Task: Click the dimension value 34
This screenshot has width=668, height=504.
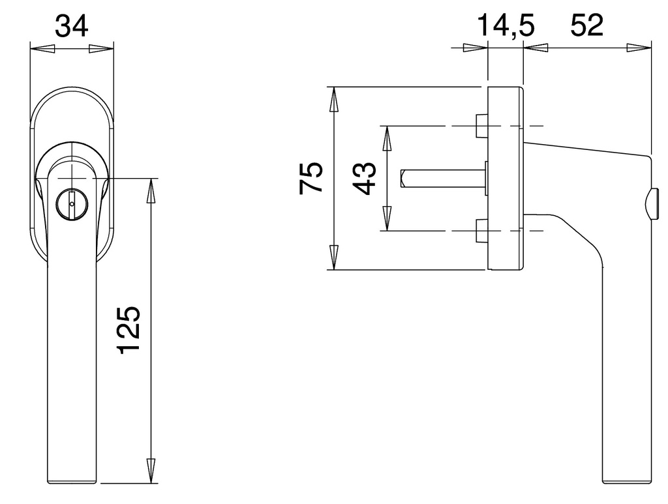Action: click(72, 27)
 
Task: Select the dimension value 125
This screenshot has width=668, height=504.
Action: click(129, 329)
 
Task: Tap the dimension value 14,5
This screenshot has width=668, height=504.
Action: click(506, 27)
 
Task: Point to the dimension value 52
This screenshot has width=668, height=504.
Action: click(586, 27)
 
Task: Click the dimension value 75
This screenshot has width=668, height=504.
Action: click(311, 177)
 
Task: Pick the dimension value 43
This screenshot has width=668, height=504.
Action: click(365, 178)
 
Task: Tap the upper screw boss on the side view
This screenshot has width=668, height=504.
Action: click(482, 125)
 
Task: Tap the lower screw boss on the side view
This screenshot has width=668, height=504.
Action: click(482, 231)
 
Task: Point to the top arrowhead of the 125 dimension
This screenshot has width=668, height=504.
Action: click(151, 190)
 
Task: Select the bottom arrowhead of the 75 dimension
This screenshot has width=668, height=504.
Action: click(333, 257)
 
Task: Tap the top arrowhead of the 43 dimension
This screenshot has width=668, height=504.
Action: click(386, 138)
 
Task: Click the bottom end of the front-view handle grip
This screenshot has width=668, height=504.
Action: click(72, 481)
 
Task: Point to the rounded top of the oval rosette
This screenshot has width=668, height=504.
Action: click(72, 88)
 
